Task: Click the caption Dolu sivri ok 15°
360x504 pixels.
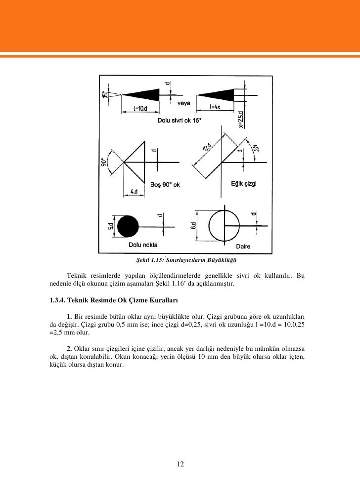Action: [180, 120]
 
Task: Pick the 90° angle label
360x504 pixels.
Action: [105, 164]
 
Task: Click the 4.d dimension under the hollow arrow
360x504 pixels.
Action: [134, 191]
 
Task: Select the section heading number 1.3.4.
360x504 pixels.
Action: [57, 299]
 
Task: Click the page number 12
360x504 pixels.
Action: [180, 463]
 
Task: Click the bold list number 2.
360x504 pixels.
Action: [70, 355]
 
